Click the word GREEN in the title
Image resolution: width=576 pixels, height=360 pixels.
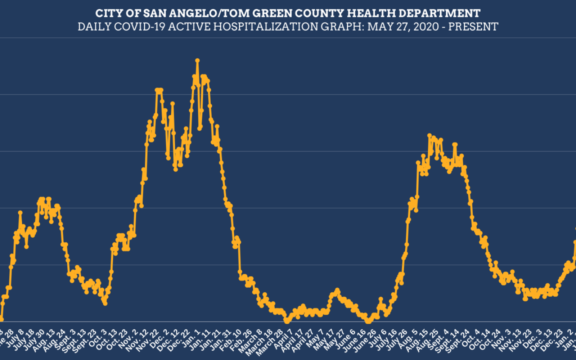[x=273, y=13]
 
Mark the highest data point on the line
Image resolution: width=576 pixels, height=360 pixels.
[x=197, y=60]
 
